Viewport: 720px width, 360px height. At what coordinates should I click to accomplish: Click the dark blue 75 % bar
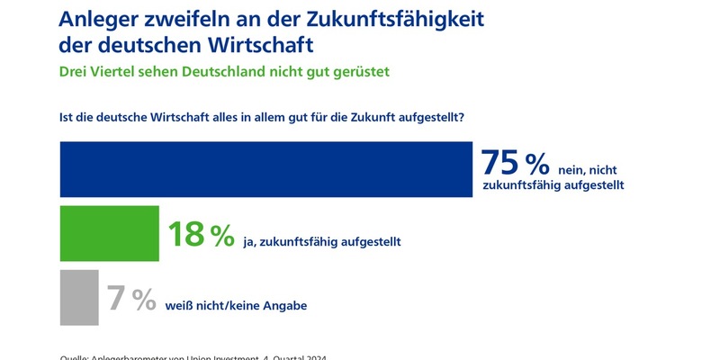(265, 169)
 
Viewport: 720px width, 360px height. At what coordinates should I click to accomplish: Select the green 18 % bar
(108, 234)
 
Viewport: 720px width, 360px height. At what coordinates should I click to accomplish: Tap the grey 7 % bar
(79, 298)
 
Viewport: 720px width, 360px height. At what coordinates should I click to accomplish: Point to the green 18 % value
(201, 236)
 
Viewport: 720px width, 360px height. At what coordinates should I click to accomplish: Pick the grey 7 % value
(131, 299)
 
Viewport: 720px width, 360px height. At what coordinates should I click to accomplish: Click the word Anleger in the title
(99, 17)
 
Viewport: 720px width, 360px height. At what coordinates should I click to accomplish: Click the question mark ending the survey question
(473, 117)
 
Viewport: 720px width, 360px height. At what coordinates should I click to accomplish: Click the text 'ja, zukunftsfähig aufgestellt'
(322, 241)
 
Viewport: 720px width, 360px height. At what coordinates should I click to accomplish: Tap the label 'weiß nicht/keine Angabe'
(237, 306)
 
